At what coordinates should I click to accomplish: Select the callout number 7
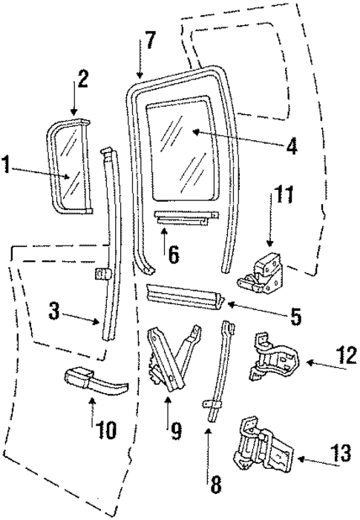150,40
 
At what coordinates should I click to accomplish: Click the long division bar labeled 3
110,245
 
